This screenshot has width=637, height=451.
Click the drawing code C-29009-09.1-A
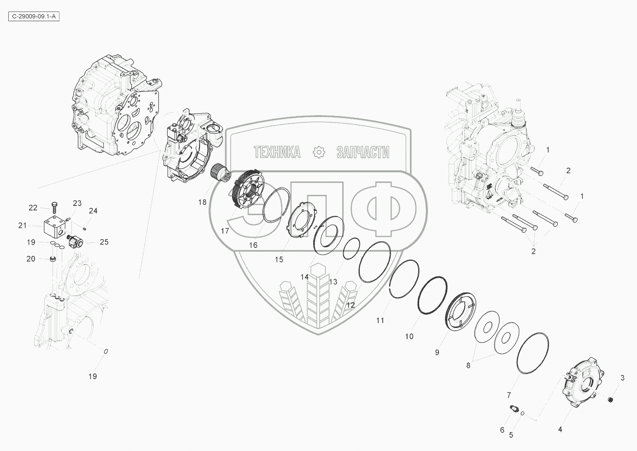tap(34, 17)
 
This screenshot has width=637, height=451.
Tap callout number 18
tap(202, 202)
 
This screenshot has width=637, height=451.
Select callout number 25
tap(104, 242)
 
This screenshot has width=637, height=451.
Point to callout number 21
tap(23, 226)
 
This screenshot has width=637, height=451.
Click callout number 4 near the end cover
tap(560, 429)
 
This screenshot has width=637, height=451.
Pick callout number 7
tap(509, 395)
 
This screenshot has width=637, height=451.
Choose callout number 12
tap(351, 305)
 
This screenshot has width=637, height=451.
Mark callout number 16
tap(253, 245)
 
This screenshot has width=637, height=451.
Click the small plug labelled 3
tap(609, 400)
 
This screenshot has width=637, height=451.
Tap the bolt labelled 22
tap(54, 207)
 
